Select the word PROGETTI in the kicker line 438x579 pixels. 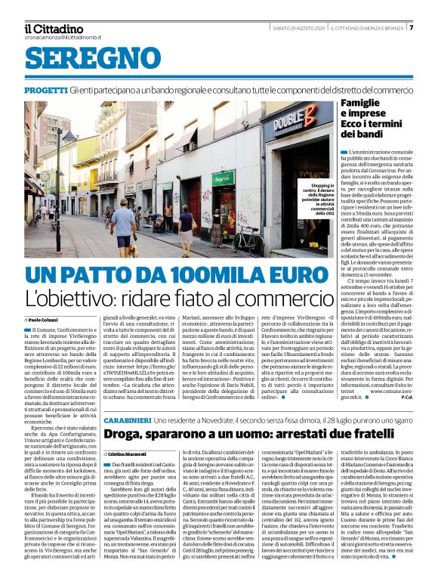pos(45,90)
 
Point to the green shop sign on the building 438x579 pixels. pos(222,179)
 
